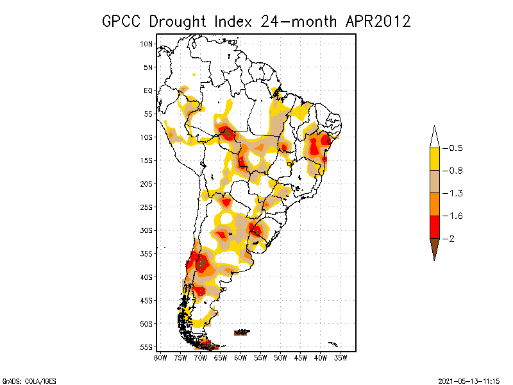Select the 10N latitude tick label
pos(147,44)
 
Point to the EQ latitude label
pos(148,91)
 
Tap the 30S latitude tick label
pos(147,230)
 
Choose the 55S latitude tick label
pos(147,347)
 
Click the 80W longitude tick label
pos(160,357)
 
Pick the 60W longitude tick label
pos(241,357)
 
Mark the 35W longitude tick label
pos(341,357)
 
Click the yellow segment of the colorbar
pos(434,159)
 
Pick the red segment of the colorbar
pos(434,227)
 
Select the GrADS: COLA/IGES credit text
pos(24,381)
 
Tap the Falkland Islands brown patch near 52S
pos(242,332)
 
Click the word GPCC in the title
pos(122,22)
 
